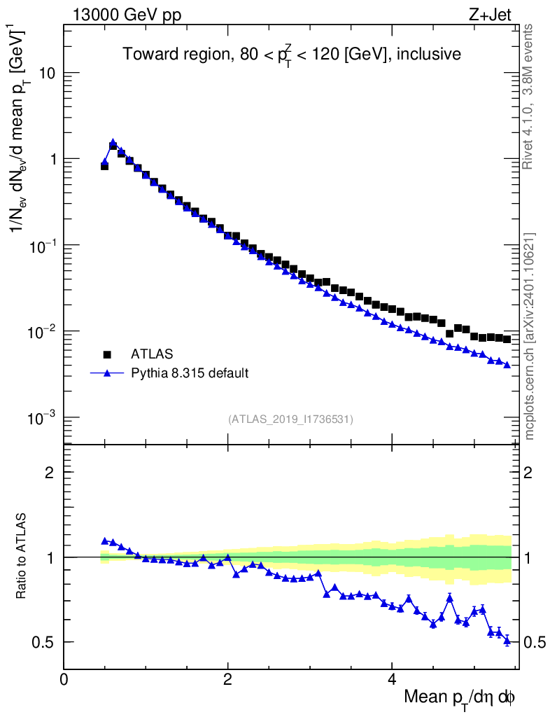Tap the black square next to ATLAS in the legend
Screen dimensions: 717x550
click(x=107, y=354)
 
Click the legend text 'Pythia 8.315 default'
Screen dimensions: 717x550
click(x=188, y=373)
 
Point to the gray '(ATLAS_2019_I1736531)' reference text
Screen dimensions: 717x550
click(x=290, y=419)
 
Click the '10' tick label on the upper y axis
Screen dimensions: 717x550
click(x=46, y=74)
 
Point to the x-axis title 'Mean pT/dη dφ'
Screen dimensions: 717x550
click(x=460, y=698)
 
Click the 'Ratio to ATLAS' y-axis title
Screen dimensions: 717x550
click(x=22, y=557)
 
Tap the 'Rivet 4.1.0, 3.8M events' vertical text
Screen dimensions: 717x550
click(x=530, y=97)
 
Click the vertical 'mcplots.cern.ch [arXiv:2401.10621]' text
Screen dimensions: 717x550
click(x=530, y=337)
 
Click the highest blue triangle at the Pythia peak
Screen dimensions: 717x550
click(x=113, y=142)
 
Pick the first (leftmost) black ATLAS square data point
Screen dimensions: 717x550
click(x=105, y=167)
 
